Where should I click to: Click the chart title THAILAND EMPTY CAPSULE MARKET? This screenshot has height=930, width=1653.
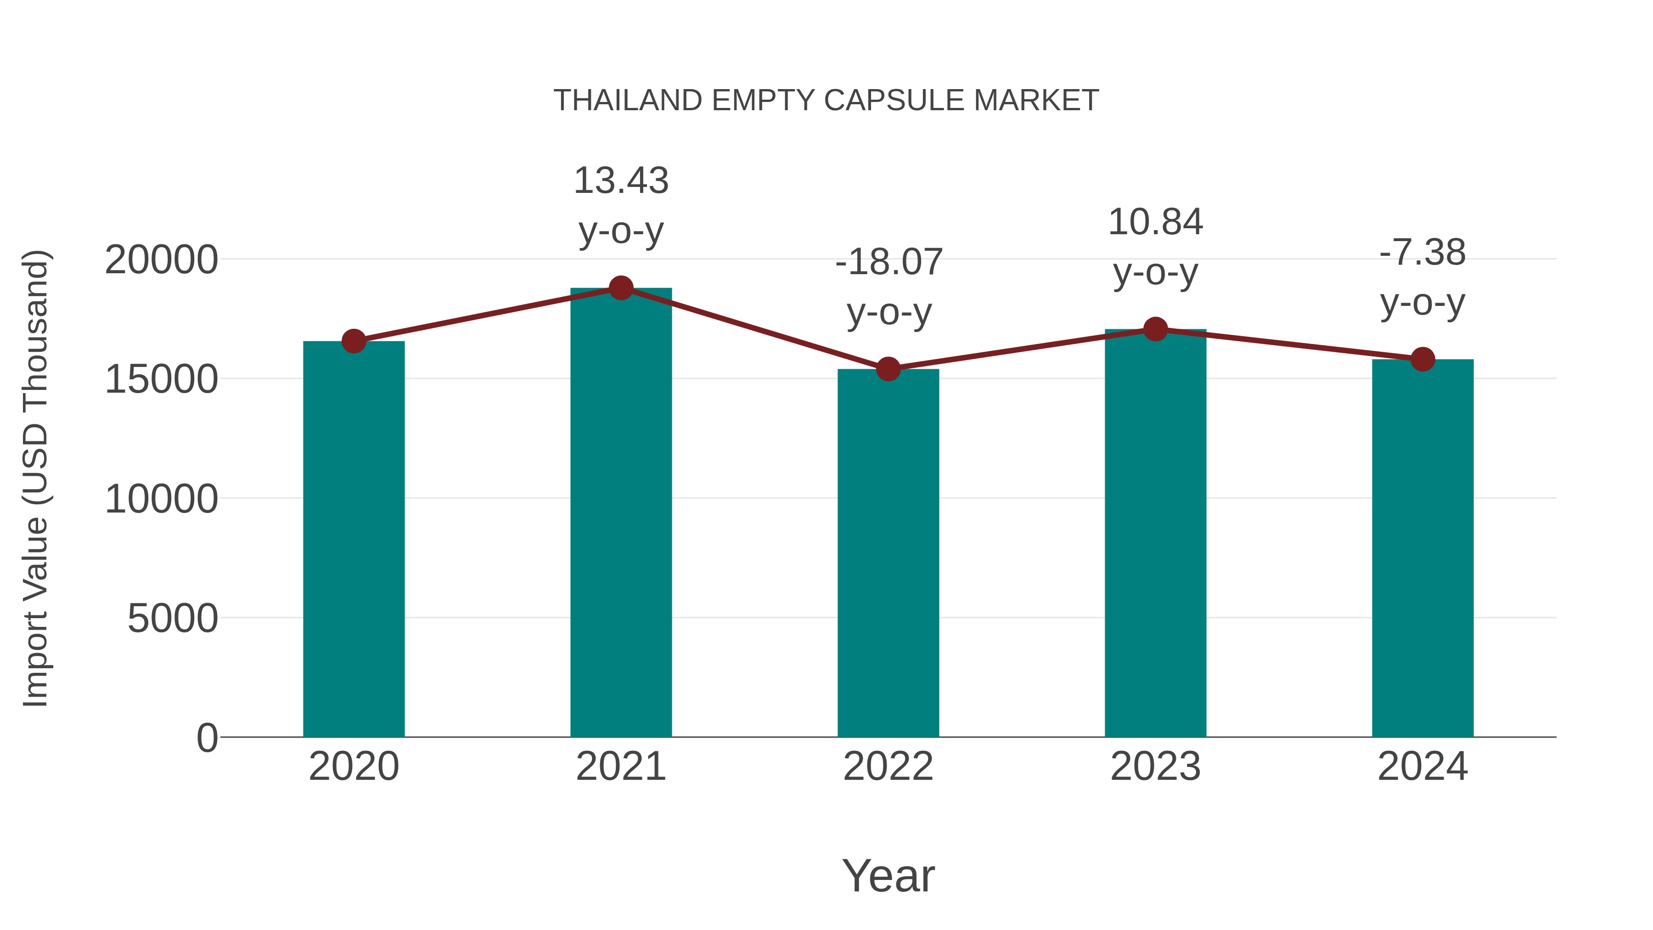(x=826, y=101)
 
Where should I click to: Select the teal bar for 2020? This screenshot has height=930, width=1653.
(x=354, y=539)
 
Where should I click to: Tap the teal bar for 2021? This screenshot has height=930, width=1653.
(x=620, y=513)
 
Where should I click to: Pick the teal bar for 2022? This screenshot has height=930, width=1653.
(x=888, y=552)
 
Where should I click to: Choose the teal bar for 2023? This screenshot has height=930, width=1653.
(x=1155, y=533)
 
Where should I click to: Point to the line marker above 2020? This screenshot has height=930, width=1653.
(x=354, y=341)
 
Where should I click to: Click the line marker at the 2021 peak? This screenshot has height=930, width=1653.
(x=620, y=288)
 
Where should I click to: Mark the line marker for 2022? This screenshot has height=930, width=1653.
(x=888, y=369)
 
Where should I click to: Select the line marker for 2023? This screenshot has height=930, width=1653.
(x=1155, y=329)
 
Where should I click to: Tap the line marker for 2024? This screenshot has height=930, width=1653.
(x=1422, y=360)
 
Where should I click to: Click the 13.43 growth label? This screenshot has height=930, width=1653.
(x=620, y=180)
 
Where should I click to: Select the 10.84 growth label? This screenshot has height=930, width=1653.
(x=1155, y=222)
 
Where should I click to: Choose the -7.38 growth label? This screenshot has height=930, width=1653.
(x=1422, y=252)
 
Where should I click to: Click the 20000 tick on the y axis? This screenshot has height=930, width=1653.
(x=161, y=260)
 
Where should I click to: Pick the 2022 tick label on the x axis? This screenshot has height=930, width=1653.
(x=888, y=767)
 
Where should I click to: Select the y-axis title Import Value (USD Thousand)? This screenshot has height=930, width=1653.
(x=36, y=479)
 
